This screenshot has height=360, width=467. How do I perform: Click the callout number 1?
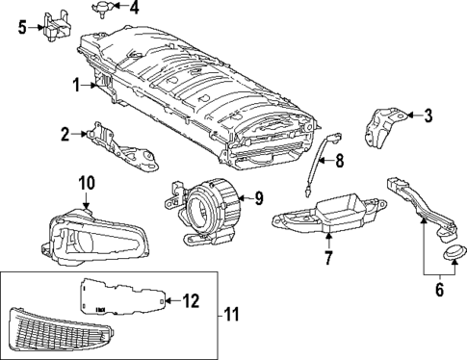(74, 85)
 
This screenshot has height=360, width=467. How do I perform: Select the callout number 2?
(65, 134)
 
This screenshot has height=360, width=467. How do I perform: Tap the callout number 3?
(428, 116)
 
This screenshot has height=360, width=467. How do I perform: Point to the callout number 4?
(134, 8)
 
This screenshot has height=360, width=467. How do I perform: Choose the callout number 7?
(327, 257)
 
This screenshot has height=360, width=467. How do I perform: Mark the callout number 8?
(338, 161)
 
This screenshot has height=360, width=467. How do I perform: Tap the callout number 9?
(257, 199)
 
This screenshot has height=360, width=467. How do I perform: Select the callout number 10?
(85, 182)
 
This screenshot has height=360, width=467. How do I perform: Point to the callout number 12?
(191, 301)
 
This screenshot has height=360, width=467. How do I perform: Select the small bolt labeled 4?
(102, 9)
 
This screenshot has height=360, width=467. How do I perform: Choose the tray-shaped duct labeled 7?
(327, 214)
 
